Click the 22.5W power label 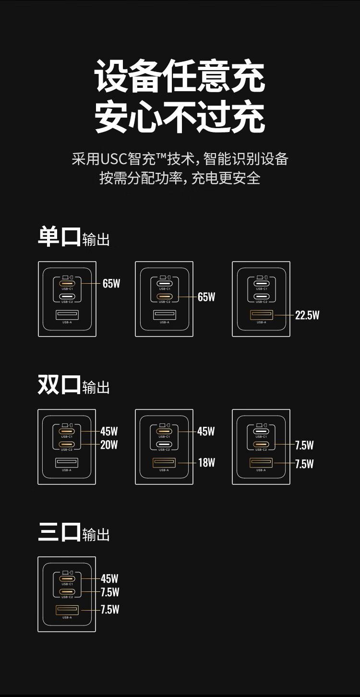point(307,315)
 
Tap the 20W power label point(109,445)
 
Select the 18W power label point(206,463)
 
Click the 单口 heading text point(60,237)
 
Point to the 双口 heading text point(59,385)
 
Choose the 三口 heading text point(60,532)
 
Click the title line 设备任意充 point(180,76)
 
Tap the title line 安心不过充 point(180,117)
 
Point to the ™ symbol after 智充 point(161,155)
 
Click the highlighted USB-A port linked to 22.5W point(262,315)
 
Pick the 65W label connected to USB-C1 point(111,284)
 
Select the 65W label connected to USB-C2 point(206,297)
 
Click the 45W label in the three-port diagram point(109,579)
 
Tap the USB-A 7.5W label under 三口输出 point(110,610)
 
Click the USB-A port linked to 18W point(164,463)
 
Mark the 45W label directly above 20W point(109,432)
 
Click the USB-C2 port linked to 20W point(67,445)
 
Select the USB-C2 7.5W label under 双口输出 point(304,445)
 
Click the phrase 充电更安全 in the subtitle point(226,178)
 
